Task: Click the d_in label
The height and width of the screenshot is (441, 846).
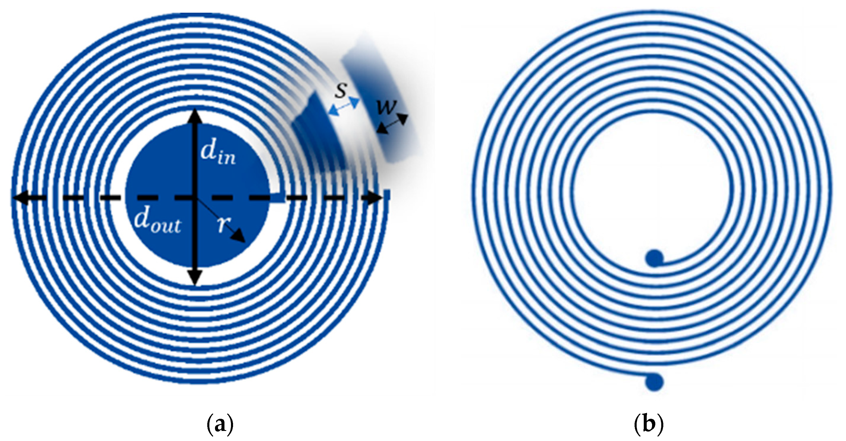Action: (x=218, y=154)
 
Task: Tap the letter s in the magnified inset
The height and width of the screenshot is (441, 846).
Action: (x=341, y=90)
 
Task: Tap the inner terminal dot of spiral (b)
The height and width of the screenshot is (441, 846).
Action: (x=654, y=258)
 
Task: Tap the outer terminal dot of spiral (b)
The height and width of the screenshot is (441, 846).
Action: (x=654, y=382)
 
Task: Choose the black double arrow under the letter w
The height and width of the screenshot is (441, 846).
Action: (x=392, y=123)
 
